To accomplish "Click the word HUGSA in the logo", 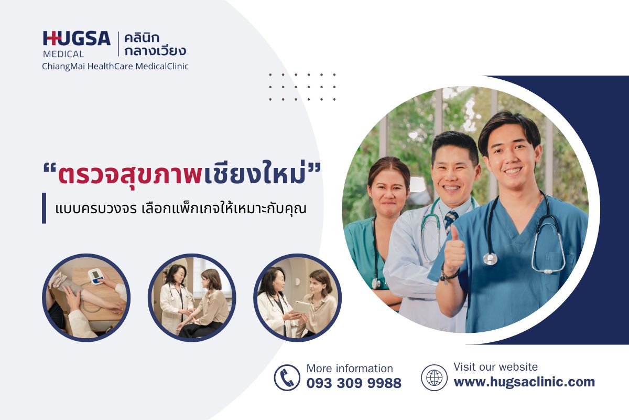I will [77, 38].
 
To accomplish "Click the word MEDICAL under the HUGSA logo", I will [63, 54].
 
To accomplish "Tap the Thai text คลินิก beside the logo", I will [142, 38].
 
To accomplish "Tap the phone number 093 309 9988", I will [354, 383].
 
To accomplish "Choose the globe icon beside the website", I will [434, 377].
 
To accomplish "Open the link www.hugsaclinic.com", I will [524, 382].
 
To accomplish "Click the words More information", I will [350, 369].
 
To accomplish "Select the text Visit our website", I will [495, 367].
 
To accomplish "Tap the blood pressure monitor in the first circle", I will [95, 276].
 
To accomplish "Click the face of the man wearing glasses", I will [454, 169].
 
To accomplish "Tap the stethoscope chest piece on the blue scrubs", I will [491, 259].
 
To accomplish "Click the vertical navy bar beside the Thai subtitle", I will [44, 208].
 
